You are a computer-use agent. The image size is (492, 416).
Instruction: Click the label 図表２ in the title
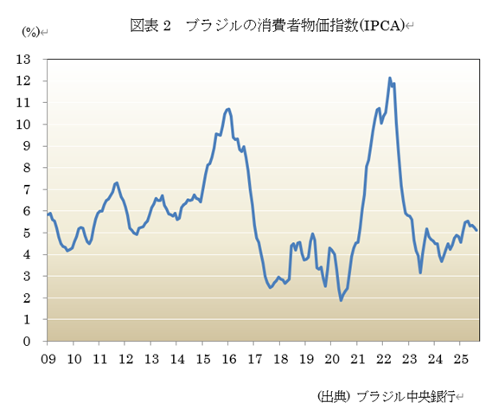click(x=148, y=25)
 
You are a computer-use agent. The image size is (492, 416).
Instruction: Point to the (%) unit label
click(x=31, y=32)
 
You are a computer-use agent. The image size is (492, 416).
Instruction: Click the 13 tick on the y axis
click(x=24, y=59)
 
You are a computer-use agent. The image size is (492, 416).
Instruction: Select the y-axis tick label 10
click(x=24, y=124)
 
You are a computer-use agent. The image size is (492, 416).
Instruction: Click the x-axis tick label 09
click(x=48, y=357)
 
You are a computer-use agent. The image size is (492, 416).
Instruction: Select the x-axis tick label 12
click(x=125, y=357)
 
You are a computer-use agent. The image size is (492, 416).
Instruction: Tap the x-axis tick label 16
click(x=229, y=357)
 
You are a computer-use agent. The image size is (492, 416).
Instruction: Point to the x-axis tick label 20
click(x=332, y=357)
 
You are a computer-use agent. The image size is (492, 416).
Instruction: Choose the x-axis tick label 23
click(x=409, y=357)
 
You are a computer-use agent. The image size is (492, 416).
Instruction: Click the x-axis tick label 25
click(x=461, y=357)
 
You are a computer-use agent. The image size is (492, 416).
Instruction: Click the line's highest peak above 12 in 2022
click(x=390, y=79)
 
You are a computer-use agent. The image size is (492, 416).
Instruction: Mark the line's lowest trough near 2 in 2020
click(x=341, y=300)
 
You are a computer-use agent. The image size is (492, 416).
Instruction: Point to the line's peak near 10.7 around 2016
click(x=227, y=109)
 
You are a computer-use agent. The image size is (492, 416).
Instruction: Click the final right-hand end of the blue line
click(x=476, y=229)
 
